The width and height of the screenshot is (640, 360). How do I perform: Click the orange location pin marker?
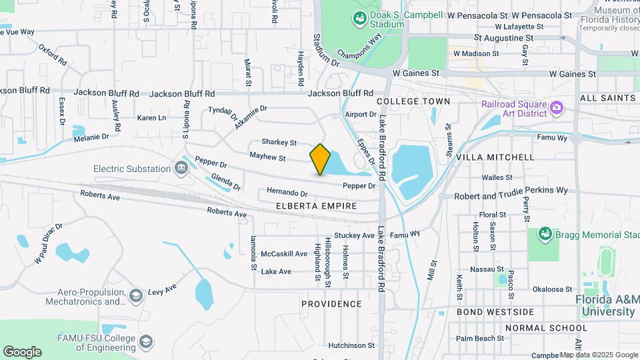click(320, 159)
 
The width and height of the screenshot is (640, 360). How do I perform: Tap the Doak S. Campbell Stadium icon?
click(359, 19)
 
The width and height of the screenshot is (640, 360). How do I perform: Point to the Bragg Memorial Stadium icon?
click(545, 235)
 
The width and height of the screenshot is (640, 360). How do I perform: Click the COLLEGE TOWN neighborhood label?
click(413, 101)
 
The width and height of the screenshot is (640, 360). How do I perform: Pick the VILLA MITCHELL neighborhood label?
click(495, 157)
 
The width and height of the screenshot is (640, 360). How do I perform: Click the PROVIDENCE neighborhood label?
click(331, 304)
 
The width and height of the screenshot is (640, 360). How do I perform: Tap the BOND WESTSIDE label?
click(495, 312)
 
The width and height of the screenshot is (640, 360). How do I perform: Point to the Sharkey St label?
click(279, 142)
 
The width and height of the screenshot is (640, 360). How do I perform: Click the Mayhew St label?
click(267, 158)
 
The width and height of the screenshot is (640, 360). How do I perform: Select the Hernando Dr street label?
click(286, 192)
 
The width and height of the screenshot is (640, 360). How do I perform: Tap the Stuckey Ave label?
click(354, 235)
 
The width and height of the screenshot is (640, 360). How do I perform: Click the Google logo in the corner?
click(22, 352)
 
